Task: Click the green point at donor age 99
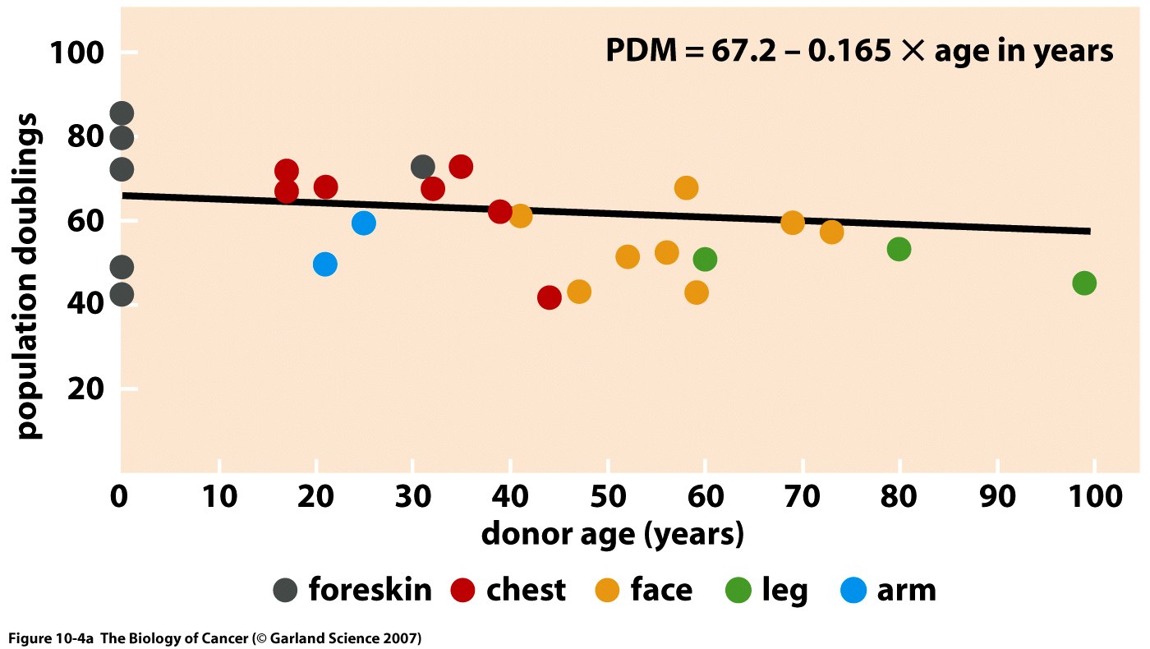point(1084,283)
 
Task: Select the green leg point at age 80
point(899,249)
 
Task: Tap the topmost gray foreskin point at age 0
point(122,113)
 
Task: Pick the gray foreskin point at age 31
point(423,168)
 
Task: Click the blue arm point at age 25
point(364,223)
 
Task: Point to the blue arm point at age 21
point(325,265)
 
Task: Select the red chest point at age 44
point(550,297)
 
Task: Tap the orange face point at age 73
point(831,232)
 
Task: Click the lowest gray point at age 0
point(122,294)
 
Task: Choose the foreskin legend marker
point(285,590)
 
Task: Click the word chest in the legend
point(526,590)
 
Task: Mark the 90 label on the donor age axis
point(997,496)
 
